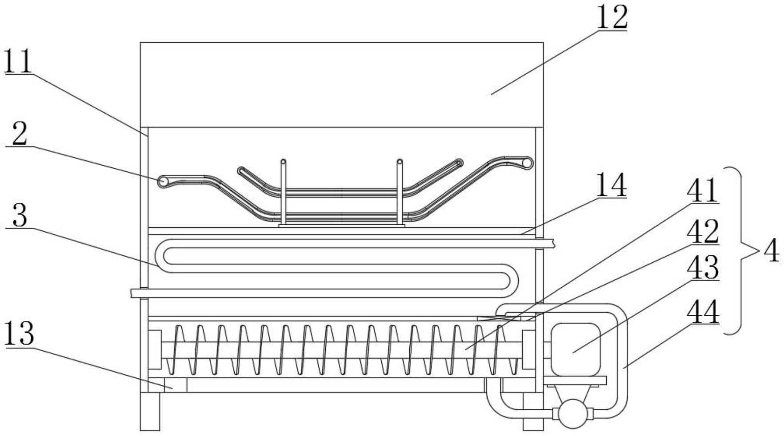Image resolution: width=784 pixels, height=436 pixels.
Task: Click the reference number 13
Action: (19, 334)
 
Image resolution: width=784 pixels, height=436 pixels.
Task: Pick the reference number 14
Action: (611, 186)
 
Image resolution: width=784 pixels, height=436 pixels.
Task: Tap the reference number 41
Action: (702, 191)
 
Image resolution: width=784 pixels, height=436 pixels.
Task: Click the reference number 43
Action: (702, 267)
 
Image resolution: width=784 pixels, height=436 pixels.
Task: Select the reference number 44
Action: (702, 312)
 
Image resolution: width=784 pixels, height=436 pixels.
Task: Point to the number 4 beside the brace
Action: (771, 251)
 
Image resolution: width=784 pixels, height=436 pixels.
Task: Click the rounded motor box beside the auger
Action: (575, 349)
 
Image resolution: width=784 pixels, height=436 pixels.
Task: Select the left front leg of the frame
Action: (150, 411)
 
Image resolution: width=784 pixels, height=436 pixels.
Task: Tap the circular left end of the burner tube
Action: (163, 181)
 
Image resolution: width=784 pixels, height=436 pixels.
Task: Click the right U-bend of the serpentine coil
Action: (511, 281)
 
